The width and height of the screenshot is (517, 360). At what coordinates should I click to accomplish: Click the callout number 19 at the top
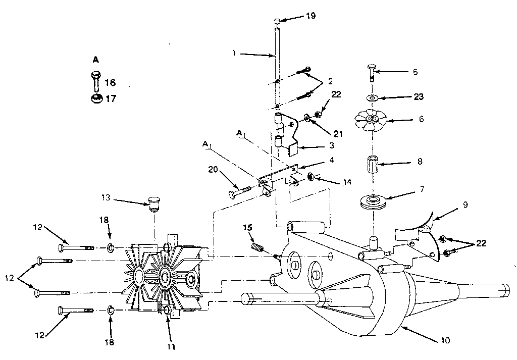311,16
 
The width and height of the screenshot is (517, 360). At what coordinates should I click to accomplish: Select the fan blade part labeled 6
371,120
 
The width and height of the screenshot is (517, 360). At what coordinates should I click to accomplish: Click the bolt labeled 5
372,73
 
